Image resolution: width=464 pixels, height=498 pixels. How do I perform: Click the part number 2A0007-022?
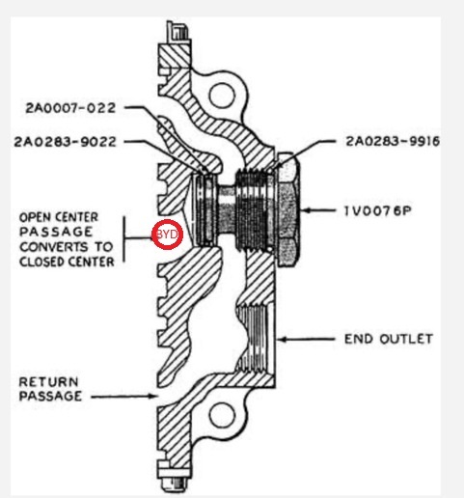pyautogui.click(x=70, y=108)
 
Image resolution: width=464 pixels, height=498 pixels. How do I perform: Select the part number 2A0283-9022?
pyautogui.click(x=65, y=142)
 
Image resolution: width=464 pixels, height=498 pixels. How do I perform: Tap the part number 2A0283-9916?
pyautogui.click(x=393, y=141)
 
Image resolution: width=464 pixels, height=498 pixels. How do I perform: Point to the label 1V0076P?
pyautogui.click(x=378, y=211)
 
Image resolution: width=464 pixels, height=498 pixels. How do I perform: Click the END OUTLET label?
pyautogui.click(x=389, y=339)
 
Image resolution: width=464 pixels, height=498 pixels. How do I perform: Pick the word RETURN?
pyautogui.click(x=48, y=382)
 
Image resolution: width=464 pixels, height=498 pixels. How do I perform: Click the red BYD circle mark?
pyautogui.click(x=167, y=235)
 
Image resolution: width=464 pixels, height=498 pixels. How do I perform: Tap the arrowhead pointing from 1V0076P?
pyautogui.click(x=307, y=210)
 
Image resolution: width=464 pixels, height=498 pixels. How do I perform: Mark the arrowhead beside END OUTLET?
pyautogui.click(x=283, y=339)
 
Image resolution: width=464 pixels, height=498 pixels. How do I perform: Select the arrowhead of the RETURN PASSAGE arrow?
pyautogui.click(x=153, y=396)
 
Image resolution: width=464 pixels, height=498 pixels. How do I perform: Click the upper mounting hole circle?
pyautogui.click(x=222, y=95)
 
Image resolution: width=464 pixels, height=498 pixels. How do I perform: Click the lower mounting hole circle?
pyautogui.click(x=222, y=415)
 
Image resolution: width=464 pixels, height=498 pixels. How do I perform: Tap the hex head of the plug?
pyautogui.click(x=288, y=209)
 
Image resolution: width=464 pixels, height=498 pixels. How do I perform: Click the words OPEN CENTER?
pyautogui.click(x=59, y=217)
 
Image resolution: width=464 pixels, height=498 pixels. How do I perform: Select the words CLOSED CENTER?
pyautogui.click(x=67, y=262)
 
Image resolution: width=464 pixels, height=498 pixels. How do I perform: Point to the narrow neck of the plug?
pyautogui.click(x=227, y=209)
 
